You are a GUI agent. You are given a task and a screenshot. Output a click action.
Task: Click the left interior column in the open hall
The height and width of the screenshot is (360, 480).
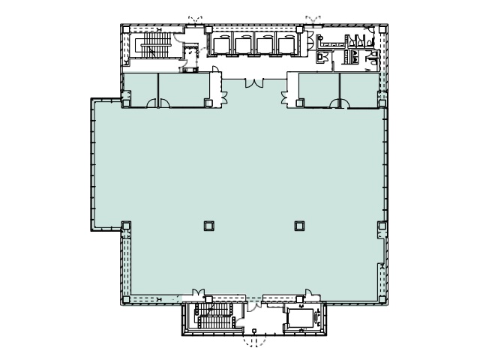pos(208,224)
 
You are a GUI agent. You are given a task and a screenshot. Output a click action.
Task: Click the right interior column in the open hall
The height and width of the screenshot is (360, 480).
pos(299,224)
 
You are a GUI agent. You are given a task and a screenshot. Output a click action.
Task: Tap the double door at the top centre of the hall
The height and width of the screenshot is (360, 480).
pos(253,82)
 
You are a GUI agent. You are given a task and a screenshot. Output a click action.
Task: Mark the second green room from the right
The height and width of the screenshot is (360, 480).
pos(318,89)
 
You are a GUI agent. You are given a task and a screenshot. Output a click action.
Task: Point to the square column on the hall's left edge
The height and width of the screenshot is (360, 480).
pos(126,224)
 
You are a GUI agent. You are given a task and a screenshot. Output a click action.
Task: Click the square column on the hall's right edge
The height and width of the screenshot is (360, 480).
pos(382,224)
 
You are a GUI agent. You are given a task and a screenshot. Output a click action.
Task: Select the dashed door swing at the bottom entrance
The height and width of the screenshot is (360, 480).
pos(253,341)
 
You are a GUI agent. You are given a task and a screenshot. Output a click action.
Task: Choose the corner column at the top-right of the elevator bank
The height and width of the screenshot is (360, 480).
pos(299,31)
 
